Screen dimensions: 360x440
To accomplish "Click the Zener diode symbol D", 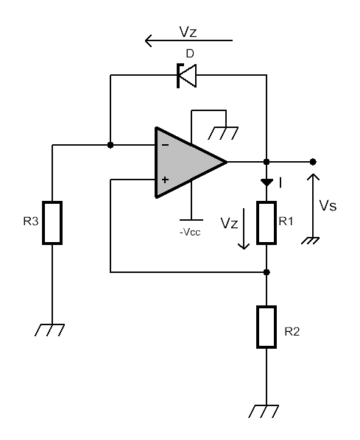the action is [x=186, y=76].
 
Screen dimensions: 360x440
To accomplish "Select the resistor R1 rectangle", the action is [x=267, y=223].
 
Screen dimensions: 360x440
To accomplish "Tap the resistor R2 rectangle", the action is [x=267, y=327].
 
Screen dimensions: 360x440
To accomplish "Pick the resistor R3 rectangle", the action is [x=52, y=223].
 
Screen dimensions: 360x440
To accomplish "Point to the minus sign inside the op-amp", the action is [x=166, y=145].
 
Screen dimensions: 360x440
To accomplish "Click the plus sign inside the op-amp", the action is [x=166, y=180].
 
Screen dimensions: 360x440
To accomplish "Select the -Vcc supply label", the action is [x=190, y=233].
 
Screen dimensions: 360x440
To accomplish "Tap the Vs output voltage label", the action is [x=328, y=205].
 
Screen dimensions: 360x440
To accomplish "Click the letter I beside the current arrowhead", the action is [x=280, y=183].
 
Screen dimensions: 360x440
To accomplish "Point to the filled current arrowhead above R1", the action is [x=267, y=182].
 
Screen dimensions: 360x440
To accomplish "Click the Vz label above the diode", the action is [x=188, y=32].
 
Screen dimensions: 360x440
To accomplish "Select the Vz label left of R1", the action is [x=229, y=223].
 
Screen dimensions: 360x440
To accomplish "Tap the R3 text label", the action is [x=31, y=221].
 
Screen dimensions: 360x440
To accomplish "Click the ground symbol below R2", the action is [x=264, y=411].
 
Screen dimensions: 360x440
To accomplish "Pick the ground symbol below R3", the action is [x=49, y=330].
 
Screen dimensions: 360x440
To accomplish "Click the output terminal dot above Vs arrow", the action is [x=313, y=162].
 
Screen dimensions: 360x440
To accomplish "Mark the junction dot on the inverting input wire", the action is [x=110, y=145].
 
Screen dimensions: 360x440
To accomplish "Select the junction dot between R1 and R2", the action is [x=267, y=272].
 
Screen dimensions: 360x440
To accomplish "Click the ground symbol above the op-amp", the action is [x=223, y=133].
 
